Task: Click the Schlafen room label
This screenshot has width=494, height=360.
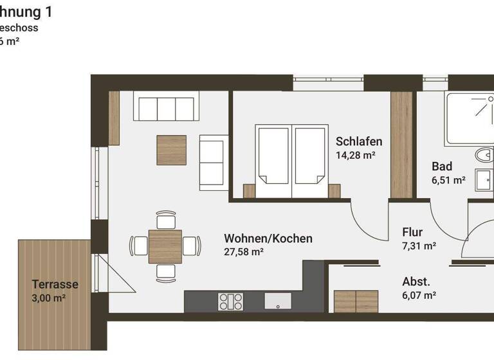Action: (x=359, y=141)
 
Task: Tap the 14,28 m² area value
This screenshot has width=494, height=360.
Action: (x=355, y=155)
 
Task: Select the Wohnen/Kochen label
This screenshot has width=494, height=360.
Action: (x=268, y=239)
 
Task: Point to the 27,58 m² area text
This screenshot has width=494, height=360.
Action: (x=244, y=252)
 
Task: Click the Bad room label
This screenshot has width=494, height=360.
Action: (x=442, y=166)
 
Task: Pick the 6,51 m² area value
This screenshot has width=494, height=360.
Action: (x=448, y=180)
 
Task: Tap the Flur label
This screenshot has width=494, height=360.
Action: (x=412, y=232)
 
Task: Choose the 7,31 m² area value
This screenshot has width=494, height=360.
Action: (x=419, y=246)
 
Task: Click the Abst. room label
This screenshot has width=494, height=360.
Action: (x=416, y=282)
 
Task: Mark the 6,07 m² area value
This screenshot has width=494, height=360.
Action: (x=419, y=295)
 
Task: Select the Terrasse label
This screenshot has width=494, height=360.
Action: (x=55, y=284)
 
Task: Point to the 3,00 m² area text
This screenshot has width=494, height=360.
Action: (x=49, y=298)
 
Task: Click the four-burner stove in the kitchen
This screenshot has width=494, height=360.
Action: (x=231, y=301)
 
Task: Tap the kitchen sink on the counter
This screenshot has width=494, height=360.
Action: (x=277, y=301)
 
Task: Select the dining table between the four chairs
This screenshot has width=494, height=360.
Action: (x=165, y=246)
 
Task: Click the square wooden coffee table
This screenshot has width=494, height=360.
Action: (x=171, y=150)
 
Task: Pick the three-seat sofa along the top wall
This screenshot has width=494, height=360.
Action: (x=166, y=106)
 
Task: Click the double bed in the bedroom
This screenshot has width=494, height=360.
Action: (x=291, y=161)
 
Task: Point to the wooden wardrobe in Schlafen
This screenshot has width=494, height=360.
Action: (x=401, y=145)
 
